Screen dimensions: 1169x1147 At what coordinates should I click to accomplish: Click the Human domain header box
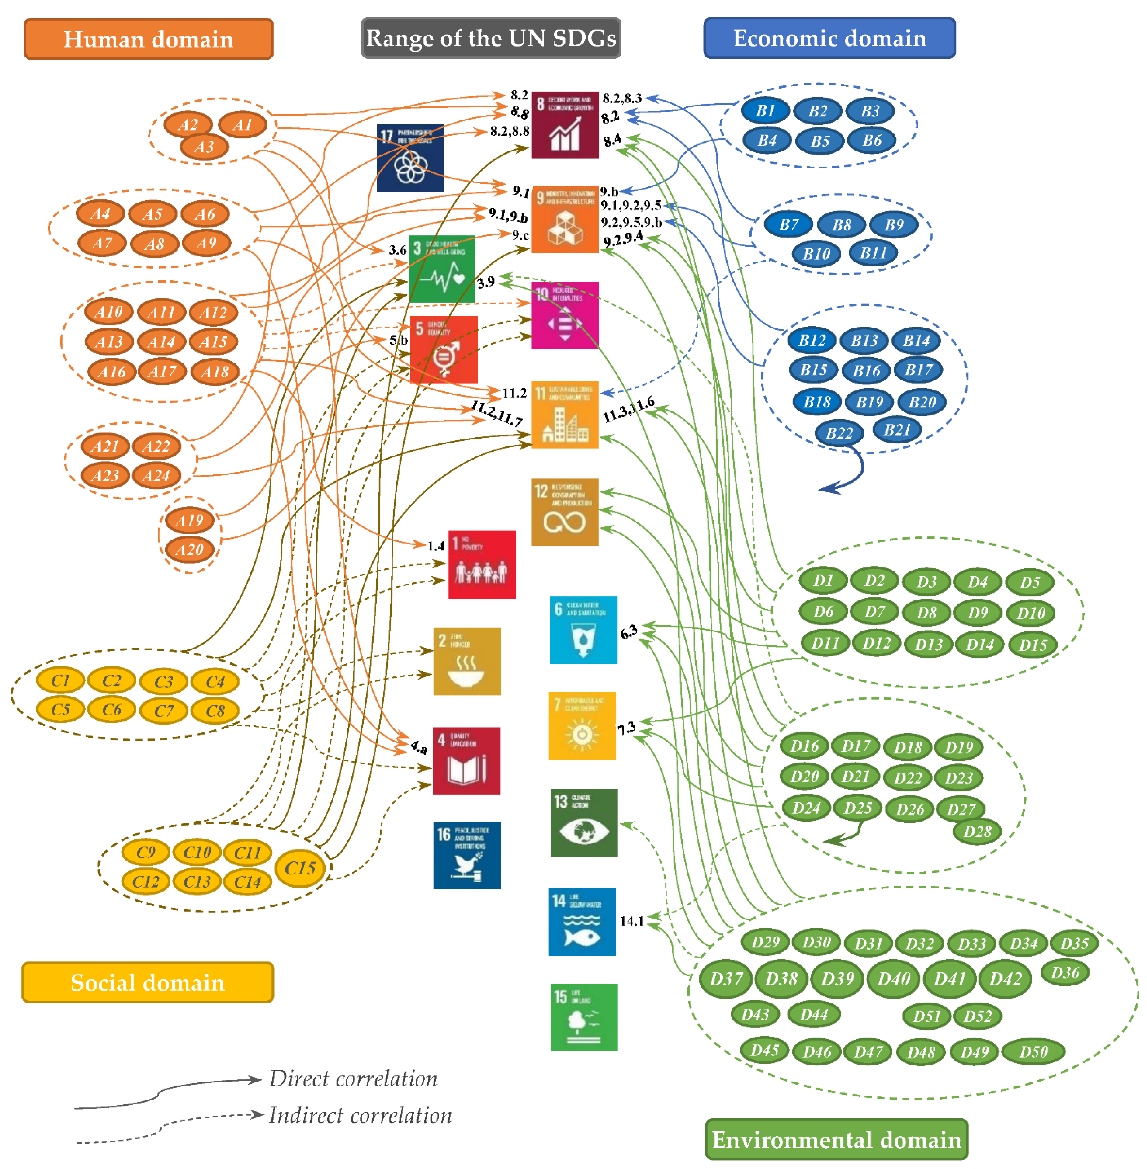pos(148,39)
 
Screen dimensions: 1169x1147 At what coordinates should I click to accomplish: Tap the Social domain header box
pos(148,982)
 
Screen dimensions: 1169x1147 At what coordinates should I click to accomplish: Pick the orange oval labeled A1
pos(242,125)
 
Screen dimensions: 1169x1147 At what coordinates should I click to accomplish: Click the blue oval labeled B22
pos(839,433)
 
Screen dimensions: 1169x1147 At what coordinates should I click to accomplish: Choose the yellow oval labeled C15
pos(300,868)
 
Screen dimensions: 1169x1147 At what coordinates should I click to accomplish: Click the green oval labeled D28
pos(977,832)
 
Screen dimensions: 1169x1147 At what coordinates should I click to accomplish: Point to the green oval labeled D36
pos(1064,972)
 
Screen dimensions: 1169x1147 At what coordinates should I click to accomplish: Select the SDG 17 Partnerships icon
pos(410,158)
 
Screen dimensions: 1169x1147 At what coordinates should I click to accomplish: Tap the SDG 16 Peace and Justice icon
pos(467,855)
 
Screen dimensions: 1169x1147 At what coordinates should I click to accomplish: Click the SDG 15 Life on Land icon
pos(584,1017)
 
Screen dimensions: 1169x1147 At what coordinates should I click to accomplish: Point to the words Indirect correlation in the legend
pos(360,1116)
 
